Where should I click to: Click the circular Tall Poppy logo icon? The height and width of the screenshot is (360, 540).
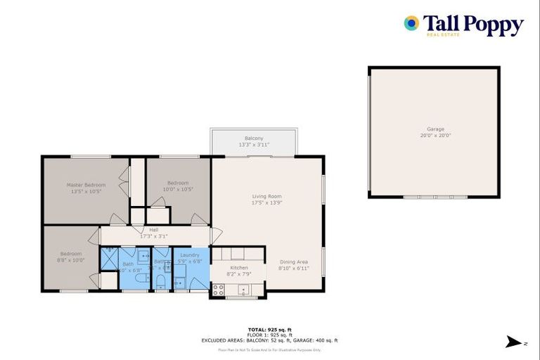[411, 23]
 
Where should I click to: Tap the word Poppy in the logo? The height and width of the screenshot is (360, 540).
[492, 25]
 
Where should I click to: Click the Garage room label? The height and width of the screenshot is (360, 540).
[435, 129]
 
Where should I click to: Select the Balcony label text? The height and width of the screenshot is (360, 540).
[254, 139]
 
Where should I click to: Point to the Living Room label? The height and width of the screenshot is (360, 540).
[266, 196]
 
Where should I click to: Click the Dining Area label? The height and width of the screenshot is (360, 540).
[293, 262]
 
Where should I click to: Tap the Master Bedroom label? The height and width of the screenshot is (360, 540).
[86, 185]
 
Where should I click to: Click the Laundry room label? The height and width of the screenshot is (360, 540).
[190, 255]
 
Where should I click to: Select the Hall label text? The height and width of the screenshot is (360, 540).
[153, 230]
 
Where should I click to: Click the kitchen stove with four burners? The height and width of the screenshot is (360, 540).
[218, 289]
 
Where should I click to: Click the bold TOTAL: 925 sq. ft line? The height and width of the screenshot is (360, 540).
[269, 329]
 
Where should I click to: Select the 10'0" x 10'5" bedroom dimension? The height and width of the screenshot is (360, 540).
[178, 189]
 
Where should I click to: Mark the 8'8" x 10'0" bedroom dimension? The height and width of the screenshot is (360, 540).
[71, 259]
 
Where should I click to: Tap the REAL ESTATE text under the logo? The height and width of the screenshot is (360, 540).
[443, 34]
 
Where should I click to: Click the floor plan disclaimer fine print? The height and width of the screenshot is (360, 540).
[269, 349]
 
